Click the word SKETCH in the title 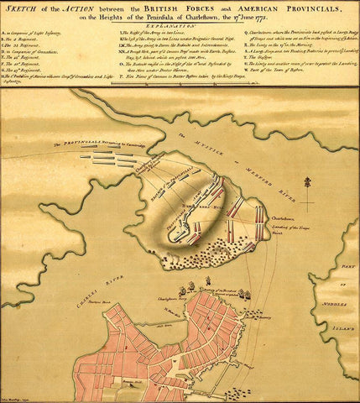(x=23, y=8)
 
